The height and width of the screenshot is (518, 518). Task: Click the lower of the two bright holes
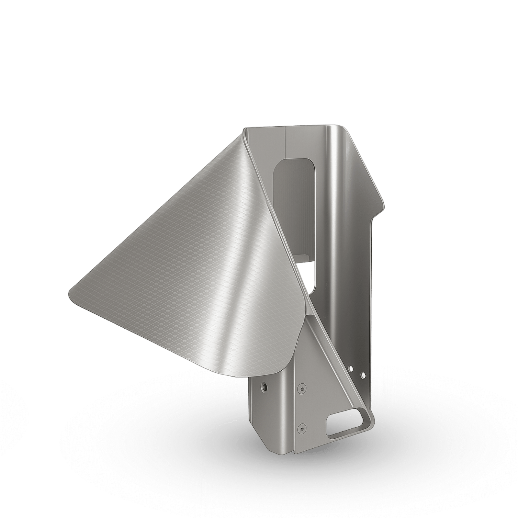tap(363, 375)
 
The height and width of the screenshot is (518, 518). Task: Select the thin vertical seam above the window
tap(286, 142)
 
